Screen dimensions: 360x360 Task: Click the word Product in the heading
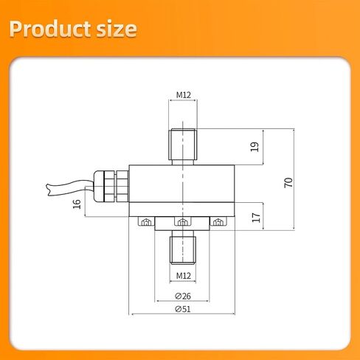click(x=50, y=29)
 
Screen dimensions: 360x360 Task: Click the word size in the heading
click(x=117, y=29)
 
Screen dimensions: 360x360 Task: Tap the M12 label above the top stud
click(x=184, y=95)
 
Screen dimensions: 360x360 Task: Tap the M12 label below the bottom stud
click(x=184, y=276)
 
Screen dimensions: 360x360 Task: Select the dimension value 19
click(x=255, y=147)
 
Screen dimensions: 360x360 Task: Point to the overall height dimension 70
click(x=288, y=182)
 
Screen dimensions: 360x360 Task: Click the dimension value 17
click(x=256, y=218)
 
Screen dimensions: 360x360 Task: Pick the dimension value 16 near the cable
click(x=77, y=204)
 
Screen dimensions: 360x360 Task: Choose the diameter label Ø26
click(x=183, y=296)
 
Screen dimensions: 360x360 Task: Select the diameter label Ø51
click(x=183, y=309)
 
